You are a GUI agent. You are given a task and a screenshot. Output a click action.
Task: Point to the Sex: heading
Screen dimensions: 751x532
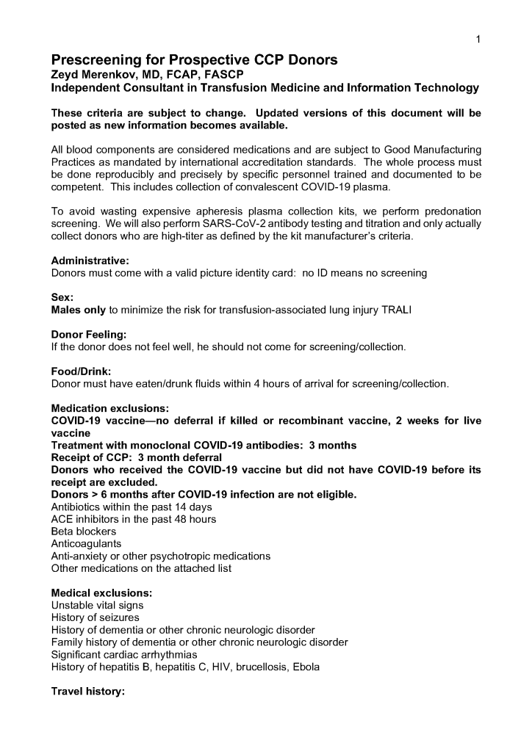[x=62, y=298]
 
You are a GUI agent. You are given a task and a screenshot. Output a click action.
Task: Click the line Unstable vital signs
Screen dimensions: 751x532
[x=97, y=605]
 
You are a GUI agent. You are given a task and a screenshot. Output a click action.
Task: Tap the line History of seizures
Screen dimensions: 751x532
[x=95, y=617]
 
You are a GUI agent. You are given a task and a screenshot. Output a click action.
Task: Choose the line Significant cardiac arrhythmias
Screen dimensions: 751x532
[x=124, y=654]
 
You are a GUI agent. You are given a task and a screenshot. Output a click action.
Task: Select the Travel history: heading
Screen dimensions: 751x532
[x=89, y=691]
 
